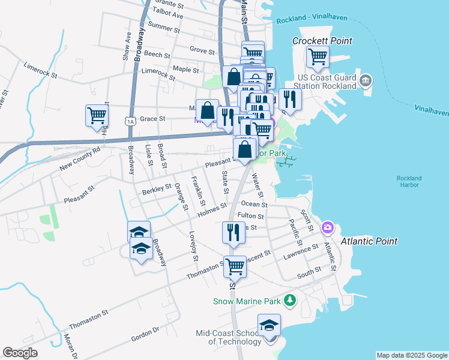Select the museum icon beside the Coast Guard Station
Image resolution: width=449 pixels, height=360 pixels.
[x=366, y=80]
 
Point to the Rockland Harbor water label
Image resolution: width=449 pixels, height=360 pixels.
[x=409, y=181]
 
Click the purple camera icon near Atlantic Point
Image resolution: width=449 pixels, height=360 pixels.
[x=328, y=227]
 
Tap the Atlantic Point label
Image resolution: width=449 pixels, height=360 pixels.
[x=369, y=241]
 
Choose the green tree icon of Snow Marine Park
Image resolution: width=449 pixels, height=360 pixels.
[x=290, y=299]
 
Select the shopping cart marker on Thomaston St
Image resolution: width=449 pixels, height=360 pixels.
[x=235, y=266]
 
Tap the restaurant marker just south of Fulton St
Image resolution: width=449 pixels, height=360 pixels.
[x=234, y=232]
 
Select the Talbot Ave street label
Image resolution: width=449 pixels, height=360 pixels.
[x=168, y=14]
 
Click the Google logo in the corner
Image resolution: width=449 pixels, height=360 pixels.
[x=20, y=353]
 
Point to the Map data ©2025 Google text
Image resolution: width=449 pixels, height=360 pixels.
[x=411, y=355]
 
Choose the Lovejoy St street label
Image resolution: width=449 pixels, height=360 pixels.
[x=193, y=246]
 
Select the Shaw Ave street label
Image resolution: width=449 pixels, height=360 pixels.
[x=127, y=46]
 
